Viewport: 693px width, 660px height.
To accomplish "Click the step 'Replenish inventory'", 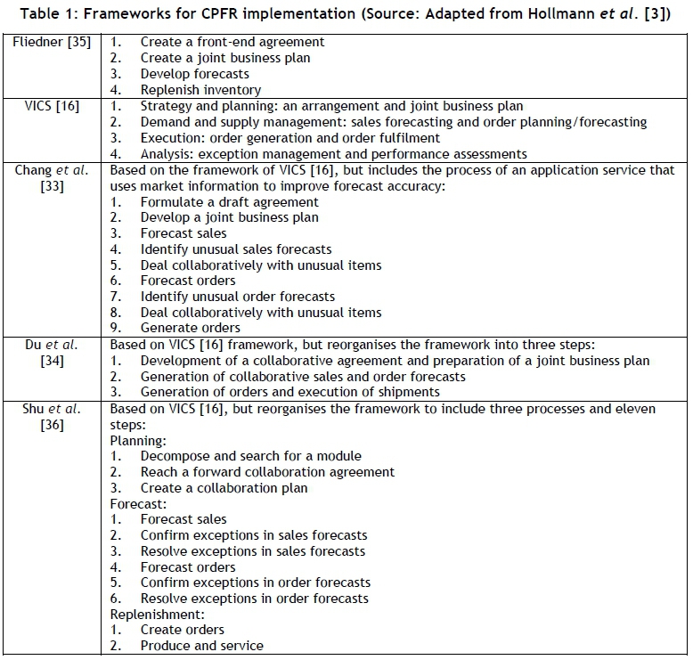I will [x=200, y=90].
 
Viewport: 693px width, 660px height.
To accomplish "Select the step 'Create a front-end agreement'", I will [x=232, y=42].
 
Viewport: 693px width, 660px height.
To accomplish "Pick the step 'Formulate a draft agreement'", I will [x=229, y=201].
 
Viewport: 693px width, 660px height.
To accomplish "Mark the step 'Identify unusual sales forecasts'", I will [x=236, y=249].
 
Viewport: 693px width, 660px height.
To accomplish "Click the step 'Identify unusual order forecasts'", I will [x=238, y=297].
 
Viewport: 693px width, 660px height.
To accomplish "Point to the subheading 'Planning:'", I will [x=138, y=440].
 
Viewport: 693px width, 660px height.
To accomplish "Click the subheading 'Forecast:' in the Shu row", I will [x=138, y=503].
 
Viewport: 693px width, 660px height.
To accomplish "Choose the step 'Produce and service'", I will [x=202, y=646].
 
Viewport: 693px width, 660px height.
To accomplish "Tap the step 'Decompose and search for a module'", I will [x=251, y=456].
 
